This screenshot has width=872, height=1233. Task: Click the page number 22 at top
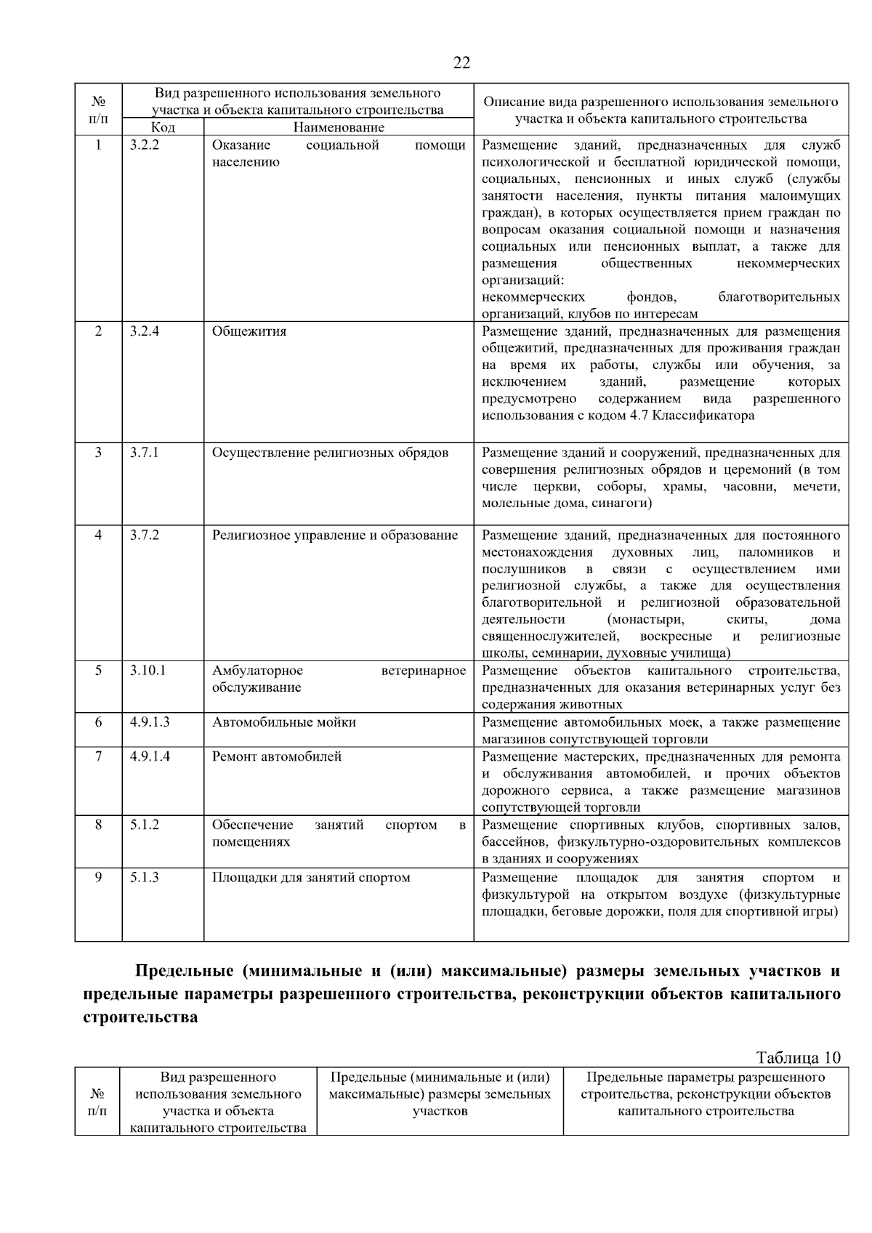(x=461, y=62)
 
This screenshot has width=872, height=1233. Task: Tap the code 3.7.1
(x=144, y=453)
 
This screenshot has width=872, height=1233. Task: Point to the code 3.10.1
(x=148, y=671)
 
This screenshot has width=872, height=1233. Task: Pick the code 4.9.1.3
(x=150, y=722)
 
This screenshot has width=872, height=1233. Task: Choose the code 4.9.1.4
(x=150, y=756)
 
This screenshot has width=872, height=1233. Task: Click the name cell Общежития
(x=249, y=331)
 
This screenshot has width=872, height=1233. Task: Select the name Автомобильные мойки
(x=284, y=722)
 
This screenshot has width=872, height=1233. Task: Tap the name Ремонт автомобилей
(x=277, y=756)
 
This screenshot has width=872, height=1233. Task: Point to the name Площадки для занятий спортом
(x=311, y=878)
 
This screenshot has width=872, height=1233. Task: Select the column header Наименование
(x=339, y=128)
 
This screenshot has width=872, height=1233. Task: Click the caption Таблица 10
(x=798, y=1057)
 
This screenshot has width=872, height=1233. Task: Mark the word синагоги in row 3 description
(x=621, y=503)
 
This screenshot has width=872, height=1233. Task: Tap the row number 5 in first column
(x=98, y=671)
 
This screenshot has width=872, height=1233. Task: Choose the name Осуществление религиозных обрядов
(x=330, y=453)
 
